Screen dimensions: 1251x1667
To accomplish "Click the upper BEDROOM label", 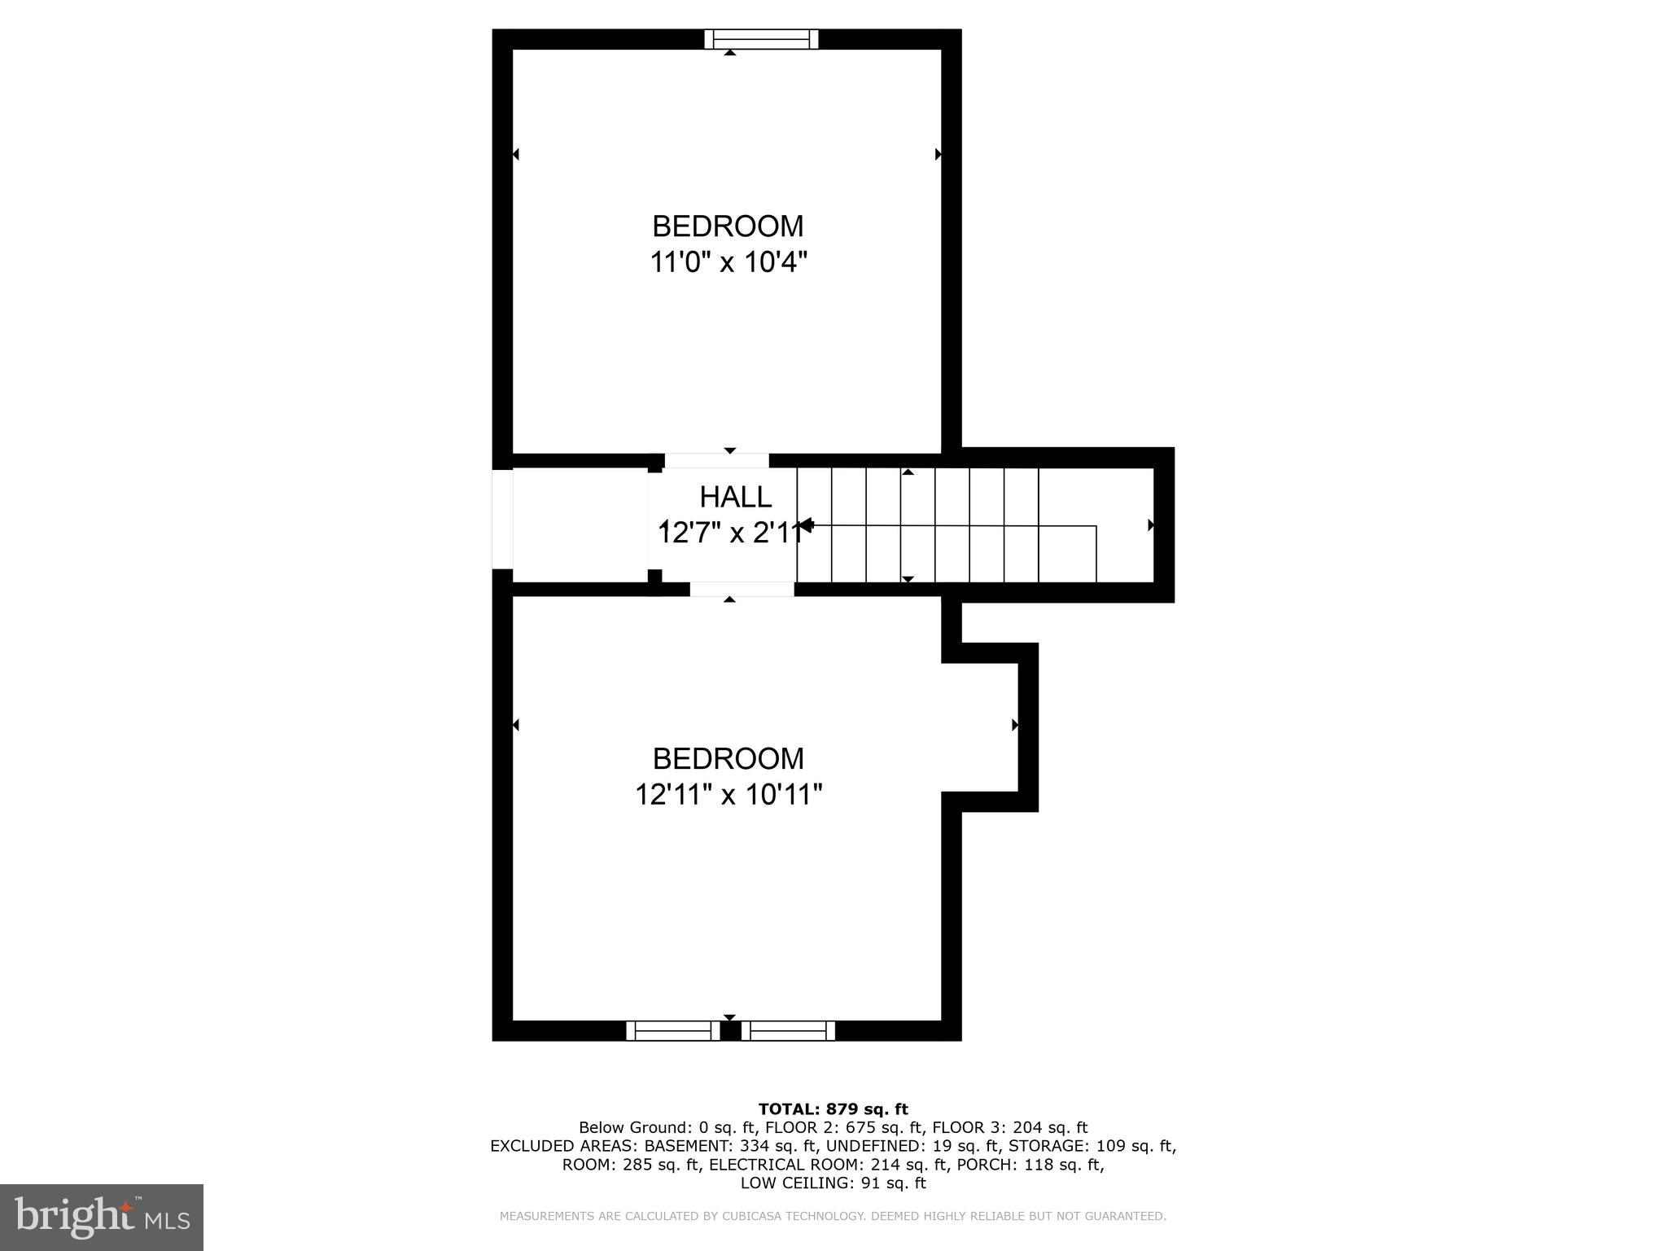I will (x=728, y=226).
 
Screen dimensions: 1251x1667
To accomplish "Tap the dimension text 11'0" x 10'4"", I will (x=728, y=262).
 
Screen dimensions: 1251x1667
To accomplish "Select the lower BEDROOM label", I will (x=728, y=758).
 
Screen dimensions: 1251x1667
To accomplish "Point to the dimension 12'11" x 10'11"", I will (x=728, y=794).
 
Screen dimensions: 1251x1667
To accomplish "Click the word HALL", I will (x=735, y=497).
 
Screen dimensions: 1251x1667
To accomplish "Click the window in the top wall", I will (x=761, y=39).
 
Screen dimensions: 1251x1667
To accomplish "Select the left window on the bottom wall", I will (x=673, y=1031).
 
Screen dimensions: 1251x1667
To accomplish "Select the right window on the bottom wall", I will (x=788, y=1031).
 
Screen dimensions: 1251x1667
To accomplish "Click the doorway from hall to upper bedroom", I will (x=716, y=461).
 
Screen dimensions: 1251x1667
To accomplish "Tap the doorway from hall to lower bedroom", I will (x=742, y=589).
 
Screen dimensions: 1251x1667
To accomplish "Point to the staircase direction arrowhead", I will (x=806, y=525).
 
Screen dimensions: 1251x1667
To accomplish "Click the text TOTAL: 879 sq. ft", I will (x=833, y=1108).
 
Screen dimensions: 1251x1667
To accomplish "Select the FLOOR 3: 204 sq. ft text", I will (x=1009, y=1128).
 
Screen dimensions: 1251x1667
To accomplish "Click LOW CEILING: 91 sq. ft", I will (x=833, y=1183).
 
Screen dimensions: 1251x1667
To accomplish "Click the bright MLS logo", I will (x=102, y=1217).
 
